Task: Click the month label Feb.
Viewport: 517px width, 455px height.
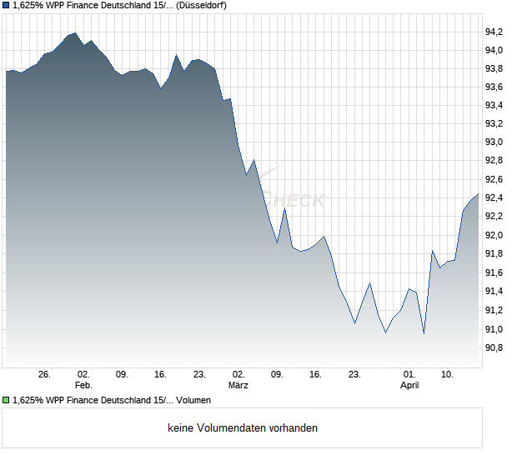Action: [x=83, y=386]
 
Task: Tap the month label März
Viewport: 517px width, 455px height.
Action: [x=238, y=386]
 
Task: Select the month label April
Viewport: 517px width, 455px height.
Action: [x=409, y=386]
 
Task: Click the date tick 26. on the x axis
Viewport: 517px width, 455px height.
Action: [x=45, y=375]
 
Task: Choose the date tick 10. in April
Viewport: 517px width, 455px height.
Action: [x=448, y=375]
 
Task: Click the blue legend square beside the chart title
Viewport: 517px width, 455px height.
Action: [x=7, y=5]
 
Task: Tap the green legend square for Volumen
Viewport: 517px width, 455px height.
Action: [x=7, y=401]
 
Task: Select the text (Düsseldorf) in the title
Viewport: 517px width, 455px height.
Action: [x=203, y=5]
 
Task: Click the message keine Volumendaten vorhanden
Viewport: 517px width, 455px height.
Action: [x=243, y=428]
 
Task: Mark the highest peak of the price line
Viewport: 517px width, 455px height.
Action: [x=75, y=33]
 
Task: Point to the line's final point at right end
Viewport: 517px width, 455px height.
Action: [x=479, y=194]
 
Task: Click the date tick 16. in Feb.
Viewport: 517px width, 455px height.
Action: [x=161, y=375]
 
